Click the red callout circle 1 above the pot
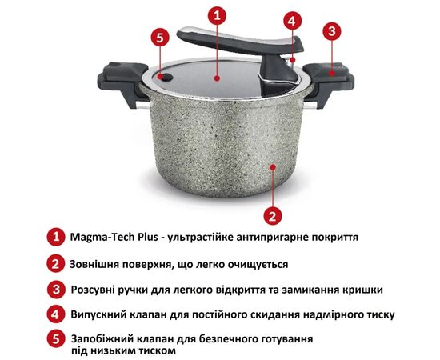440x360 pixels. [217, 15]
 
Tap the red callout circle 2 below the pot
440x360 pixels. [273, 216]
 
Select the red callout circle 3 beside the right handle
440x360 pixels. [332, 31]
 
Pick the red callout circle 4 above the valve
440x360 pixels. [292, 21]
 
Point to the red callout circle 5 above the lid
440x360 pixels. [160, 38]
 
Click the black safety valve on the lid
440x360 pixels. [166, 77]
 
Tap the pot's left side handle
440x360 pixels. [123, 82]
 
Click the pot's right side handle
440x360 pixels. [327, 82]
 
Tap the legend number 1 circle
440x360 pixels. [56, 237]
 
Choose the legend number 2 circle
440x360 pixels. [56, 263]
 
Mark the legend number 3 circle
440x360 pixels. [56, 290]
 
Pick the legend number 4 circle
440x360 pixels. [56, 314]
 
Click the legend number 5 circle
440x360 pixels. [56, 338]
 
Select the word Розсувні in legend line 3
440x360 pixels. [94, 290]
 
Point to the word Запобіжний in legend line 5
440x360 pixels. [102, 339]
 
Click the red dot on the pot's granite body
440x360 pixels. [273, 167]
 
